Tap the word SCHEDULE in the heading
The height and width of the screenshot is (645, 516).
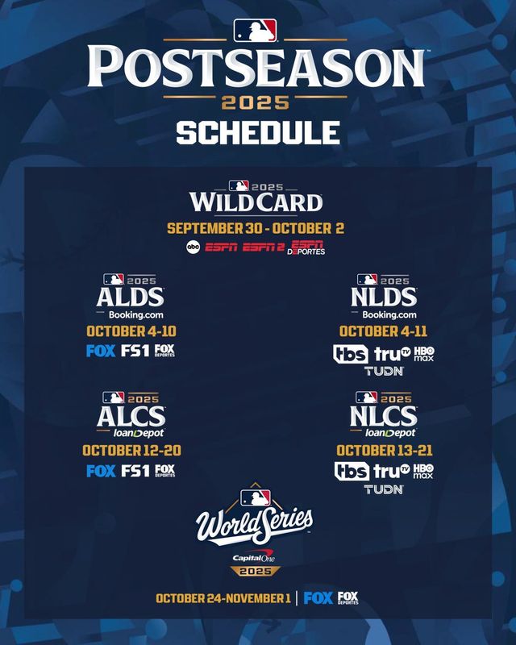click(257, 131)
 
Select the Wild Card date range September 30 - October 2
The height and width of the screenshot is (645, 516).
click(256, 228)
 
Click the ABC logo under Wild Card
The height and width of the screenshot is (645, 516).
click(193, 249)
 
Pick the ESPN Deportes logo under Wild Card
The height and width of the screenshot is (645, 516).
click(308, 249)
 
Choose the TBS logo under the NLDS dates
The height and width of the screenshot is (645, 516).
click(351, 353)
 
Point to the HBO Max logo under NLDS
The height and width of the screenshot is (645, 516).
click(423, 353)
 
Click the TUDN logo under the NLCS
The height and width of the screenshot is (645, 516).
click(384, 489)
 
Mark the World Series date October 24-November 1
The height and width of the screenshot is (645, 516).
click(223, 598)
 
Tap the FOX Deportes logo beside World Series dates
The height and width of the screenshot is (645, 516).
click(348, 598)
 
